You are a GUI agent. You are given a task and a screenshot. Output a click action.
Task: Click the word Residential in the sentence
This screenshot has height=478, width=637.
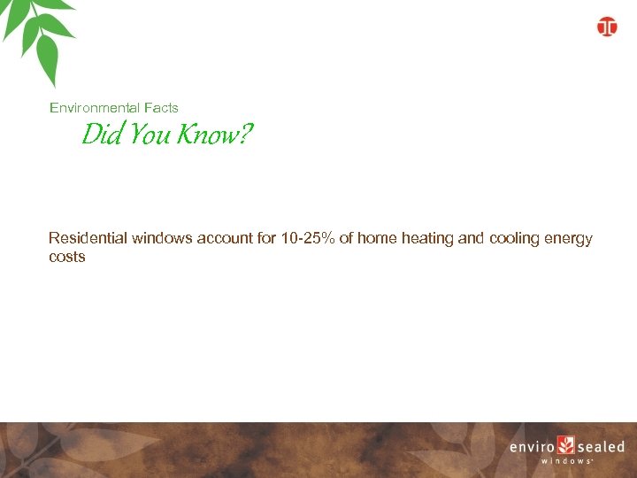[x=88, y=238]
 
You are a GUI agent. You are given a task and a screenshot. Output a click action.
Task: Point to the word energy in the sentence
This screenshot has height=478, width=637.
[x=571, y=238]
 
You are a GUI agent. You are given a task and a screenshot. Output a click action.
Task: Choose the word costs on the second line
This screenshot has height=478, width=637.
[x=67, y=257]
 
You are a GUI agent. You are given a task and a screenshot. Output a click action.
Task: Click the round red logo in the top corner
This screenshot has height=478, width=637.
[x=607, y=27]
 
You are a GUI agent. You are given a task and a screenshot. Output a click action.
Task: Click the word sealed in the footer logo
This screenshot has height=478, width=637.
[x=602, y=447]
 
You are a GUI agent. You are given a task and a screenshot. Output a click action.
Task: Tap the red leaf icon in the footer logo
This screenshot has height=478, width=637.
[x=566, y=445]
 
